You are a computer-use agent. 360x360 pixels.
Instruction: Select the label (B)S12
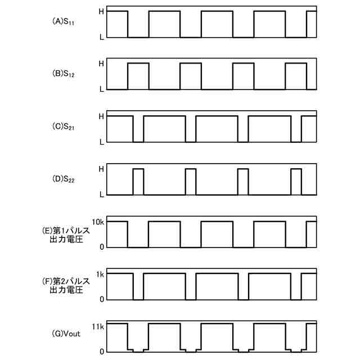64,74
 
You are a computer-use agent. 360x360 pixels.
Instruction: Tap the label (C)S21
64,128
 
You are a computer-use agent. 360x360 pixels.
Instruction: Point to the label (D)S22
64,181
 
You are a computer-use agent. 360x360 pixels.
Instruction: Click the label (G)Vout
66,334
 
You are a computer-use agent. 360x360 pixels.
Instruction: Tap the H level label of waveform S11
101,11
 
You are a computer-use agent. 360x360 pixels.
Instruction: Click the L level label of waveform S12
101,89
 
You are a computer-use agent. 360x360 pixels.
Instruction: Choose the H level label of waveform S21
101,116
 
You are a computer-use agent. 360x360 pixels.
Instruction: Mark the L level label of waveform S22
101,195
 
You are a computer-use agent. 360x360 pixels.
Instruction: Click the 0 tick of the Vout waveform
102,352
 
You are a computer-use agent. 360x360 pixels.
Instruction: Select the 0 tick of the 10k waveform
102,246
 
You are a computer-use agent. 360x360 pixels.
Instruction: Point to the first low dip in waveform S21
138,129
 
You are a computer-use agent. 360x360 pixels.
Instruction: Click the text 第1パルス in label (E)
66,230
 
